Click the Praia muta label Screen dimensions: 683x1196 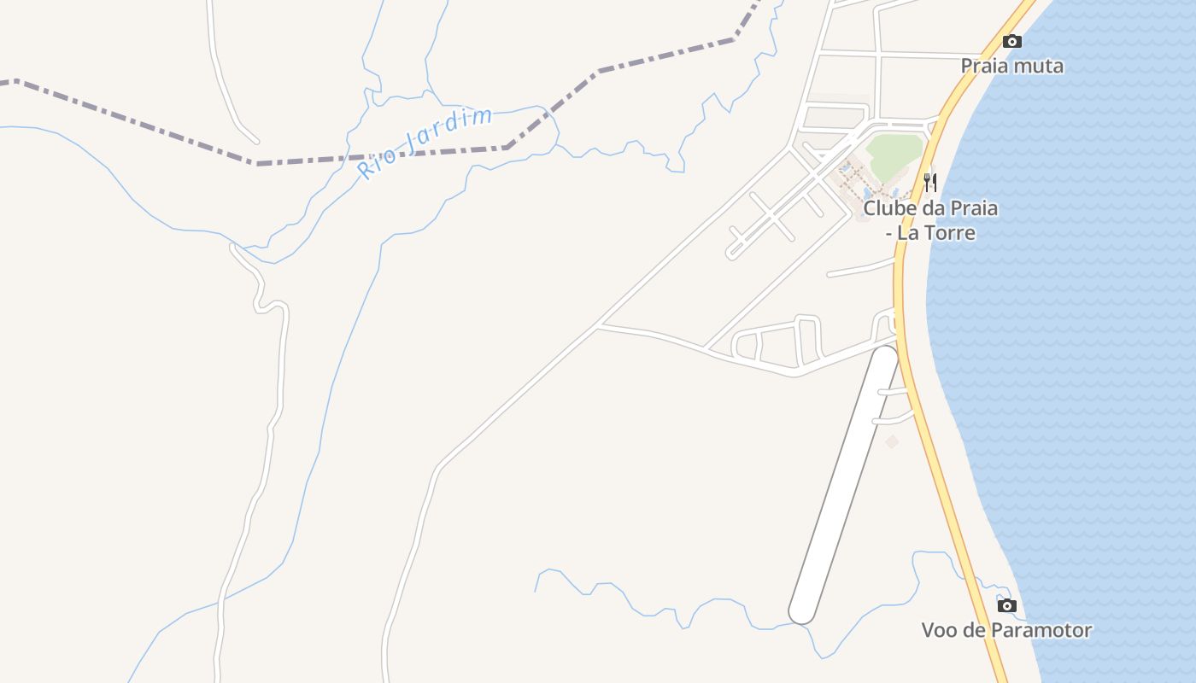click(x=1011, y=66)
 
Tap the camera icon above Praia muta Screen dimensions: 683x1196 click(x=1011, y=41)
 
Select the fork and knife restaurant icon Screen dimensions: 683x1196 click(x=930, y=182)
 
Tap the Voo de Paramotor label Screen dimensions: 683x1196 click(x=1006, y=631)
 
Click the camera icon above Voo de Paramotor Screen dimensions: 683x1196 click(x=1007, y=605)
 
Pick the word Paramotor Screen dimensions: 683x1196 click(x=1042, y=631)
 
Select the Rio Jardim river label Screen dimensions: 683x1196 click(x=425, y=143)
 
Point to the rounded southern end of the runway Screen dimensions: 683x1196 click(x=801, y=612)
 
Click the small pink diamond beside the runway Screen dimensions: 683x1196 click(x=892, y=441)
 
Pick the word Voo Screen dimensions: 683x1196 click(x=941, y=631)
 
